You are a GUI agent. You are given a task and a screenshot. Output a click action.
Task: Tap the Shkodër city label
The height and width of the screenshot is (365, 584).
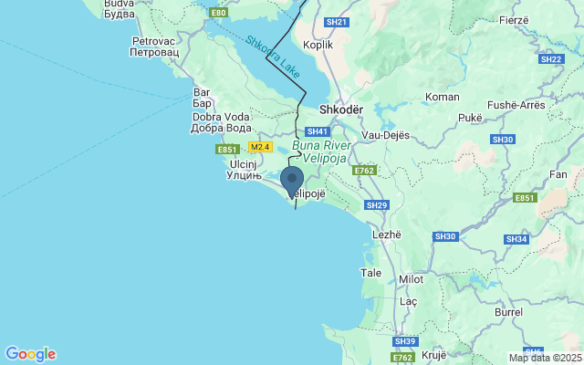click(x=341, y=109)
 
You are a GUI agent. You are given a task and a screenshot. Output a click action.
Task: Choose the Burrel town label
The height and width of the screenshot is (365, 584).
click(x=508, y=311)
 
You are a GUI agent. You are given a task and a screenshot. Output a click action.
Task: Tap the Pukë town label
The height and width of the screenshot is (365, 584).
click(x=470, y=118)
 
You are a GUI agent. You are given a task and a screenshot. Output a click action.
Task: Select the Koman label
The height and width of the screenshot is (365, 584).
click(x=443, y=96)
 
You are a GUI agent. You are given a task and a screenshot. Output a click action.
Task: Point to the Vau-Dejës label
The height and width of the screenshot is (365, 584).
click(x=385, y=135)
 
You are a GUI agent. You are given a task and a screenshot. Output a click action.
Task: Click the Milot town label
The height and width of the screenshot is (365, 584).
click(x=412, y=279)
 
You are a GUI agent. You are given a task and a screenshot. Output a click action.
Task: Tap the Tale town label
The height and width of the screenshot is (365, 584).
click(x=371, y=273)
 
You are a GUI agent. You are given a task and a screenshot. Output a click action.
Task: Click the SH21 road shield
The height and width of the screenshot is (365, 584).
click(x=337, y=22)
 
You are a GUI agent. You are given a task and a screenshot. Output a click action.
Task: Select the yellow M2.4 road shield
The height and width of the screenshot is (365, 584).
click(x=260, y=147)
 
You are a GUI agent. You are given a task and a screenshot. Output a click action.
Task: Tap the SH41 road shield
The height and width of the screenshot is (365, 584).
click(x=317, y=131)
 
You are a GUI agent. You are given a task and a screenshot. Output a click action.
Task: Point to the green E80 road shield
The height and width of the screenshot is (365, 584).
click(x=218, y=13)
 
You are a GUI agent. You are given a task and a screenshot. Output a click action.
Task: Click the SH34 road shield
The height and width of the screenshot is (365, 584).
click(x=516, y=239)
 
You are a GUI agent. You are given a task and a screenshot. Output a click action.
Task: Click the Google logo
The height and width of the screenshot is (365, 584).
click(x=30, y=354)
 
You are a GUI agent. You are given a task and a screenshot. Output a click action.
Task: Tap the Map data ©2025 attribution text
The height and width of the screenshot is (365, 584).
click(x=544, y=358)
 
